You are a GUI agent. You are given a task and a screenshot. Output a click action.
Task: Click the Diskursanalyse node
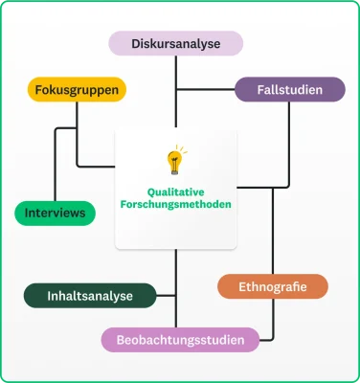click(175, 43)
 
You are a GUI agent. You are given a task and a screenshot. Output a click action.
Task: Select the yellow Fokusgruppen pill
click(77, 91)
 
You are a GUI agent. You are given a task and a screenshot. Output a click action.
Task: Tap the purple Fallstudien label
click(290, 90)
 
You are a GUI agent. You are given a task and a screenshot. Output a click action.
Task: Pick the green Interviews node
click(55, 212)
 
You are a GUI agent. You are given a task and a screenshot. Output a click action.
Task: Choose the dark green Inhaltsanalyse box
click(90, 295)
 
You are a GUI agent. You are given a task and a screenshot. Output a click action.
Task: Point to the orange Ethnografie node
click(272, 286)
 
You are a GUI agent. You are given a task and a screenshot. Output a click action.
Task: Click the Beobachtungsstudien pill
click(180, 339)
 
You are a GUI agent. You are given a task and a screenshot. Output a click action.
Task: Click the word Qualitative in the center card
click(175, 191)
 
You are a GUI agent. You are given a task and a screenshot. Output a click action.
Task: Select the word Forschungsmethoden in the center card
click(175, 204)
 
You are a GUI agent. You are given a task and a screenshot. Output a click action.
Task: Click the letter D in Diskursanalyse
click(135, 44)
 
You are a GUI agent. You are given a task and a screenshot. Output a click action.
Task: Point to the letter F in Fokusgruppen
click(38, 91)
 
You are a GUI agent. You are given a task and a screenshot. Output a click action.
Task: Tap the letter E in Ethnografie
click(241, 286)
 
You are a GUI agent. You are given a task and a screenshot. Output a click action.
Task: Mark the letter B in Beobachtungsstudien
click(121, 340)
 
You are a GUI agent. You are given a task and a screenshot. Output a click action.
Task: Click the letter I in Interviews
click(27, 212)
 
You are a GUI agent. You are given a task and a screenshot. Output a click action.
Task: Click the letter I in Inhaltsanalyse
click(49, 295)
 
